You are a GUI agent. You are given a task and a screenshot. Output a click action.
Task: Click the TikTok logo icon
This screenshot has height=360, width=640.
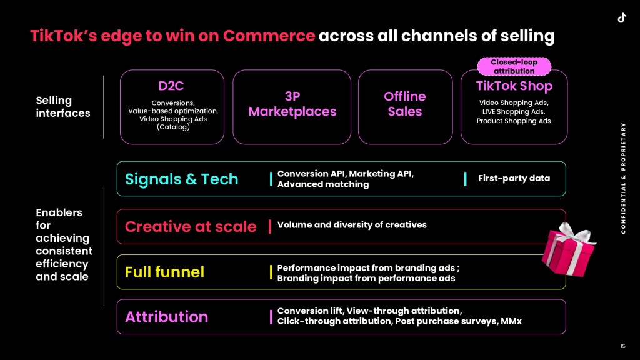tap(622, 18)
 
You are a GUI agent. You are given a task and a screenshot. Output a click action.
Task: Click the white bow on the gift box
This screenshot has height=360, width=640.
tap(575, 234)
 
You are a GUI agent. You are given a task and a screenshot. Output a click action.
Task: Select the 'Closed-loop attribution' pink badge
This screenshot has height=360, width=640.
tap(514, 66)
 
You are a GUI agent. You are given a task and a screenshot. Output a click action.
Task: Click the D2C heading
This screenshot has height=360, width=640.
tap(171, 86)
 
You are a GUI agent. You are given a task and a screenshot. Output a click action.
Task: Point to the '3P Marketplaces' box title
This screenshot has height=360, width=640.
tap(292, 104)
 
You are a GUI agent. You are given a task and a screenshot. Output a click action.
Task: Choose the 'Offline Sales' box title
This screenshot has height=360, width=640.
tap(405, 104)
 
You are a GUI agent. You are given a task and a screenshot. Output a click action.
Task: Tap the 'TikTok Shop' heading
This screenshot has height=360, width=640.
tap(514, 86)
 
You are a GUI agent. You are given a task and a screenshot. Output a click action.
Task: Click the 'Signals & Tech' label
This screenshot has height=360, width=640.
tap(182, 179)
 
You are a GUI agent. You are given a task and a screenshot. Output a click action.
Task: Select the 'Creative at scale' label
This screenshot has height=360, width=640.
tap(191, 226)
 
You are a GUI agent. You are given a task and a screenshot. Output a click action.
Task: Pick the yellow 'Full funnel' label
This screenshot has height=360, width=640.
tap(164, 272)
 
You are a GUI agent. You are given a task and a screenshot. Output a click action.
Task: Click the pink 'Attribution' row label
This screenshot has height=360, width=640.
tap(166, 317)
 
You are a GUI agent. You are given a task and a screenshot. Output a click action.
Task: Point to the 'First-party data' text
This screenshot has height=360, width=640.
tap(514, 178)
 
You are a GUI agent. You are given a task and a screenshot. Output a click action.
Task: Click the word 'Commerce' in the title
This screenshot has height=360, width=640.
tap(269, 36)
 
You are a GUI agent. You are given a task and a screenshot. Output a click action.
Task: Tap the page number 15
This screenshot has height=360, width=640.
tap(623, 346)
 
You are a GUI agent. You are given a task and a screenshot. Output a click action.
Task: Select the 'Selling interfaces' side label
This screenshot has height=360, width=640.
tap(63, 106)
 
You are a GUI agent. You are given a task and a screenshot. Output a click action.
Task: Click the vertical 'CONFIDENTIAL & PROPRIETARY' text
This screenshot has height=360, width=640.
tap(623, 178)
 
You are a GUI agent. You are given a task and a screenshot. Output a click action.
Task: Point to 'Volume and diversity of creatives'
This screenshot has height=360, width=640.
tap(352, 225)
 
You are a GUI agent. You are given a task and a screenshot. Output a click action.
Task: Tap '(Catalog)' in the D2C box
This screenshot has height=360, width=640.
tap(174, 127)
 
